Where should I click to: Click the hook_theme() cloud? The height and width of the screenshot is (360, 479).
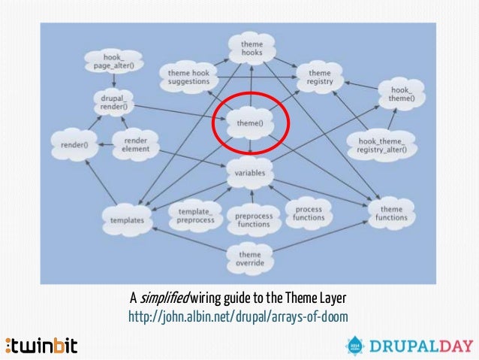click(396, 95)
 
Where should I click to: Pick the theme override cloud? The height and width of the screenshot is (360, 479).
click(250, 259)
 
